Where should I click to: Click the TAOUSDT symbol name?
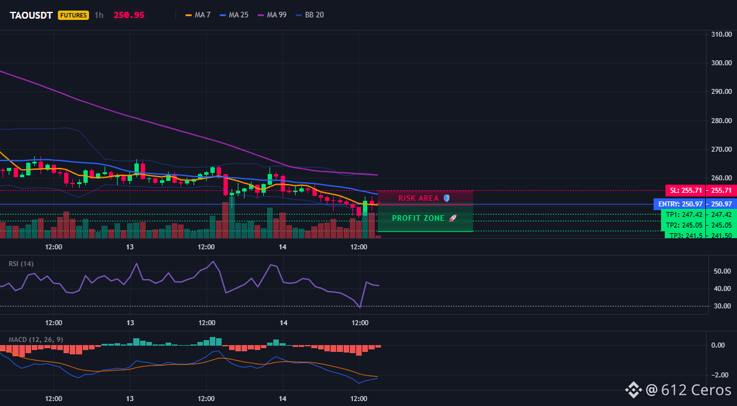pyautogui.click(x=32, y=15)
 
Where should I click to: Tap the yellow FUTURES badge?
pyautogui.click(x=73, y=15)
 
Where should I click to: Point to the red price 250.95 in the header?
pyautogui.click(x=129, y=15)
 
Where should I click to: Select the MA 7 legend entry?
pyautogui.click(x=199, y=15)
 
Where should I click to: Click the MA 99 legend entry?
pyautogui.click(x=272, y=15)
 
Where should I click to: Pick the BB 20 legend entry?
pyautogui.click(x=310, y=15)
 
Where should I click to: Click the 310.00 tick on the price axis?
pyautogui.click(x=721, y=34)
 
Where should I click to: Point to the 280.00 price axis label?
pyautogui.click(x=721, y=121)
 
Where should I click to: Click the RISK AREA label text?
pyautogui.click(x=418, y=198)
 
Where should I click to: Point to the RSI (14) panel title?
pyautogui.click(x=21, y=264)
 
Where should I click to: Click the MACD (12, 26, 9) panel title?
pyautogui.click(x=35, y=339)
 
